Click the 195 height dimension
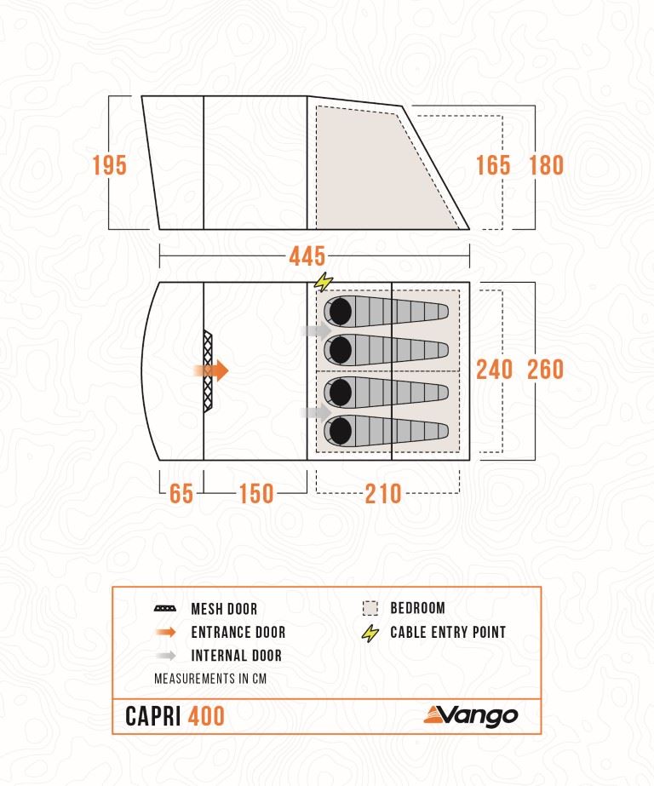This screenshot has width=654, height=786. (x=110, y=165)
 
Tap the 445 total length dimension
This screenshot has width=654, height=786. (x=307, y=256)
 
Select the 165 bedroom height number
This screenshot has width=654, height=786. (x=493, y=165)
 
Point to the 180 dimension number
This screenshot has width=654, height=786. (x=546, y=165)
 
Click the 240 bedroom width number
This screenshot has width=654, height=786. (x=494, y=370)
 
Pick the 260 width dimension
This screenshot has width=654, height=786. (x=546, y=370)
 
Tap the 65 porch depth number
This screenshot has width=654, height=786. (x=181, y=493)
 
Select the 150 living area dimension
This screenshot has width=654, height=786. (x=256, y=493)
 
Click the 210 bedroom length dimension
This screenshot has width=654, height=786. (x=383, y=493)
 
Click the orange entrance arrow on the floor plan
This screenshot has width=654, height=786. (x=211, y=371)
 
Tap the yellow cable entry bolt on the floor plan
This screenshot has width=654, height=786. (x=324, y=282)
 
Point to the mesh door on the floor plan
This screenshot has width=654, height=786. (x=208, y=371)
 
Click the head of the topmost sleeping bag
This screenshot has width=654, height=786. (x=341, y=312)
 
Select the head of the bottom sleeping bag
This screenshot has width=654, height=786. (x=341, y=431)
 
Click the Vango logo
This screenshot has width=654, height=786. (x=471, y=715)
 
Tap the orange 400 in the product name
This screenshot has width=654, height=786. (x=206, y=716)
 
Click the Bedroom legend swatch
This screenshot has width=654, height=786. (x=370, y=608)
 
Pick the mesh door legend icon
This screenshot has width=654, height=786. (x=165, y=609)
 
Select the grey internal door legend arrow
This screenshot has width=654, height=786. (x=166, y=655)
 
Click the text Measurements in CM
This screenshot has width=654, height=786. (x=210, y=679)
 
